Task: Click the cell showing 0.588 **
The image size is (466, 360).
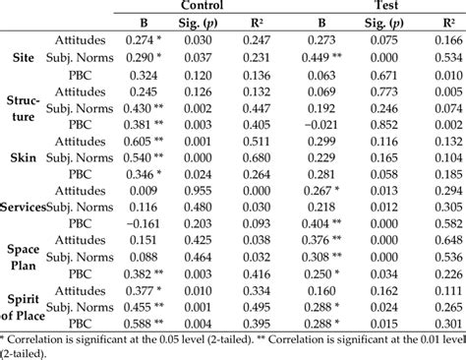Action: coord(140,320)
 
